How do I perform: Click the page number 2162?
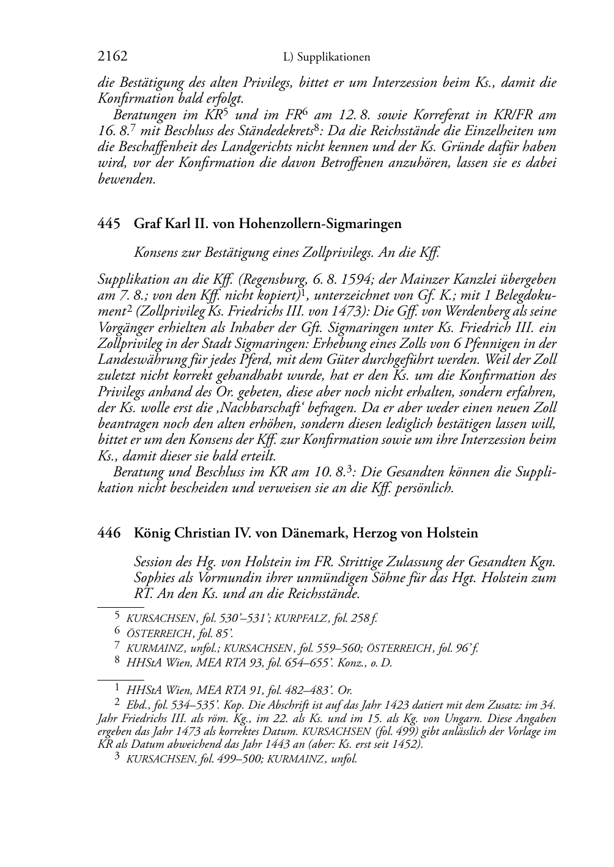pyautogui.click(x=113, y=57)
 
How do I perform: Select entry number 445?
pyautogui.click(x=108, y=224)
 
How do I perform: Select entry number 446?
pyautogui.click(x=108, y=533)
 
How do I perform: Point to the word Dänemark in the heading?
pyautogui.click(x=311, y=533)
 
